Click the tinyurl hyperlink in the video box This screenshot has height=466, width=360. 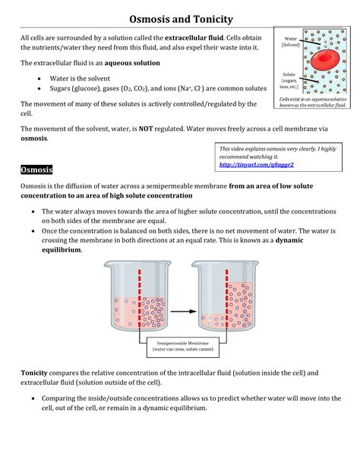[x=256, y=164]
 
